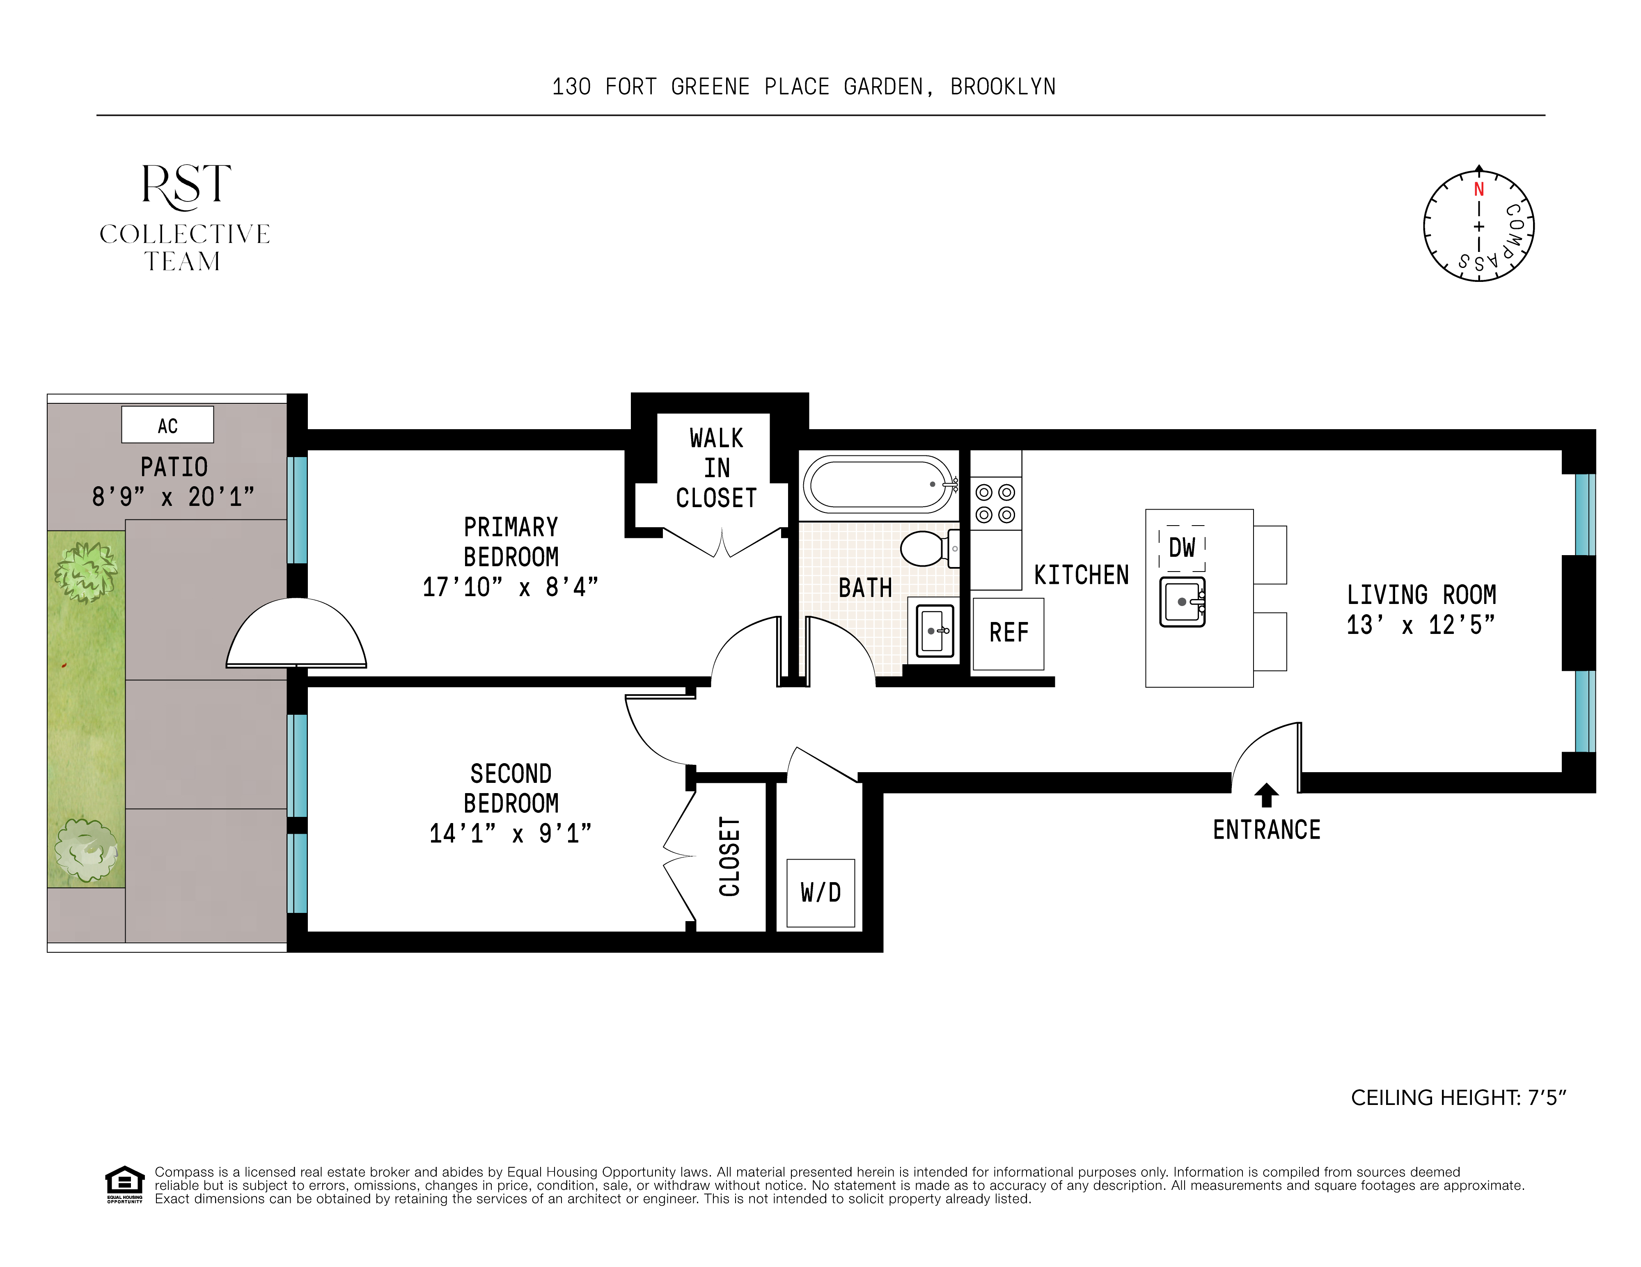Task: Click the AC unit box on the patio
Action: point(167,424)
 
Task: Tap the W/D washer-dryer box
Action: point(820,892)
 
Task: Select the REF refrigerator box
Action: point(1008,633)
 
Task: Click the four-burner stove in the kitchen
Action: point(996,503)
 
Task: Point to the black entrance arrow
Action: point(1267,795)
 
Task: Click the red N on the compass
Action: point(1479,189)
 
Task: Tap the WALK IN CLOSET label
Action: point(716,468)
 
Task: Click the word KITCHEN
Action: point(1081,575)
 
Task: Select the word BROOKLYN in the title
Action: point(1003,87)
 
